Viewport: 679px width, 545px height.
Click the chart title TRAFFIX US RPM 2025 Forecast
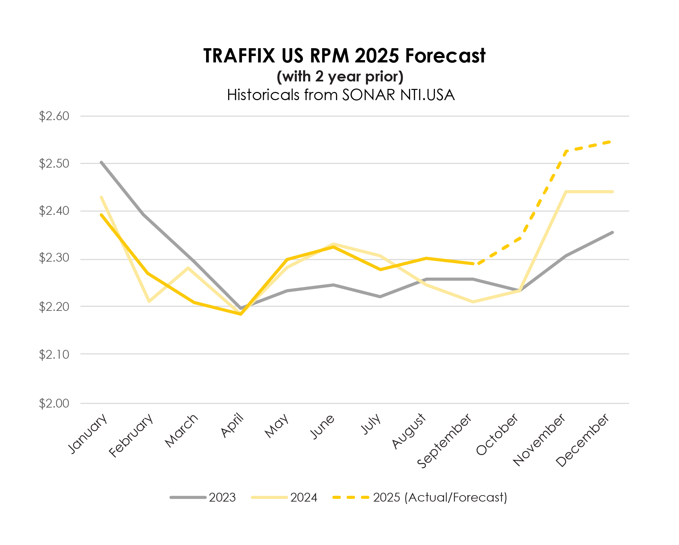344,56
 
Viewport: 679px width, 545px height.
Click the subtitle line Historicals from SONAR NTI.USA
341,95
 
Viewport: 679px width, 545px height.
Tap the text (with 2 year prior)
340,77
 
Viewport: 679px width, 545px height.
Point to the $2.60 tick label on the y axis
54,116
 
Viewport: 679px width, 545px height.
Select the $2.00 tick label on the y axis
54,403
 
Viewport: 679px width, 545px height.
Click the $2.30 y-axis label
54,258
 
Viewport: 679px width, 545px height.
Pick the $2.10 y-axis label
54,355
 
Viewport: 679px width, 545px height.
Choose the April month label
233,426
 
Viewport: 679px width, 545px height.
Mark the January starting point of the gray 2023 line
101,162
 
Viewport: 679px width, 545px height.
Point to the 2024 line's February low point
149,301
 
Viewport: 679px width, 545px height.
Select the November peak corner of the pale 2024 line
566,192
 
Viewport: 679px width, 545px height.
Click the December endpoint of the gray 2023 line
612,232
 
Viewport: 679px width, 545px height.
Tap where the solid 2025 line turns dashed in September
473,264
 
